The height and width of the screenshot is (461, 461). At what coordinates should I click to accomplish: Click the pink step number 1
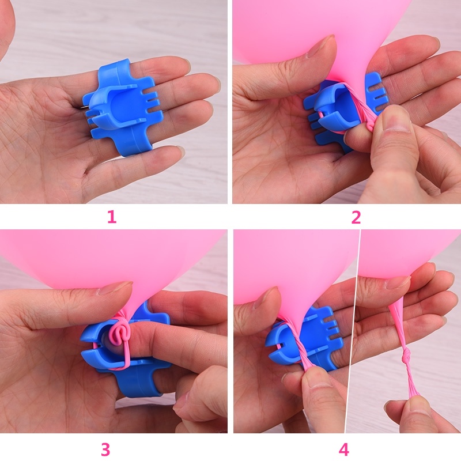[x=111, y=217]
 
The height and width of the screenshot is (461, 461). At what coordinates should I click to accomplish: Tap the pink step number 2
[x=356, y=217]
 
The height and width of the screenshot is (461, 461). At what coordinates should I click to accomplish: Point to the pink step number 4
[x=344, y=449]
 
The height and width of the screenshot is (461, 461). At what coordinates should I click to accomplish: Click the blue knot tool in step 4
[x=300, y=334]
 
